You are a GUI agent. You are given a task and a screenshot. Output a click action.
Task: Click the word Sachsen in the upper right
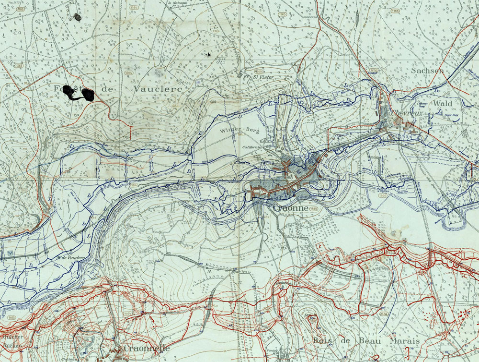428,70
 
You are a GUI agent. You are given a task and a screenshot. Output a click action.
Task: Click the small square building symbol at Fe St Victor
241,75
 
